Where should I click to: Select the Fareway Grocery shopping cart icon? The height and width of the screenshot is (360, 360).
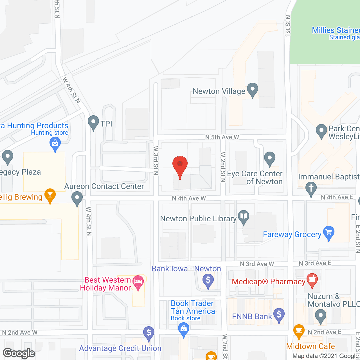[x=329, y=233]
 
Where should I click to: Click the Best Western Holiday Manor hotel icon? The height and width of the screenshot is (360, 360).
[x=138, y=282]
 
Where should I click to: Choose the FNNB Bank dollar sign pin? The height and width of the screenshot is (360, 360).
[x=279, y=314]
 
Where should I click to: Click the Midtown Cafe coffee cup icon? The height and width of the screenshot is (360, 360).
[x=299, y=331]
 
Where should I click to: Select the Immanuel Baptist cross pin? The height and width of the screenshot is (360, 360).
[x=311, y=188]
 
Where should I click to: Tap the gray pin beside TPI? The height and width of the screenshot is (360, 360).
[x=93, y=122]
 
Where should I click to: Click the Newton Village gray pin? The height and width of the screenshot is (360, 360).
[x=253, y=89]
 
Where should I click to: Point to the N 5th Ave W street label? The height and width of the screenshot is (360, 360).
[x=222, y=137]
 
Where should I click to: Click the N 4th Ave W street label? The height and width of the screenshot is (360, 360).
[x=189, y=199]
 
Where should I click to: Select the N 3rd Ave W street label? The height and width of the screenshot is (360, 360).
[x=257, y=264]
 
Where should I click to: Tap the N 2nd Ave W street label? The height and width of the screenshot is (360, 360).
[x=20, y=332]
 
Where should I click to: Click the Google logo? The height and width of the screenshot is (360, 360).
[x=19, y=353]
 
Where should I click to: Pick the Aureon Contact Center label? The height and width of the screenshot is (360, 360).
[x=104, y=186]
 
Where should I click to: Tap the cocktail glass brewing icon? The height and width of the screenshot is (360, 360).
[x=50, y=195]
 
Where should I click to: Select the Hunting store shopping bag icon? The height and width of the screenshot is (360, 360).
[x=55, y=144]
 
